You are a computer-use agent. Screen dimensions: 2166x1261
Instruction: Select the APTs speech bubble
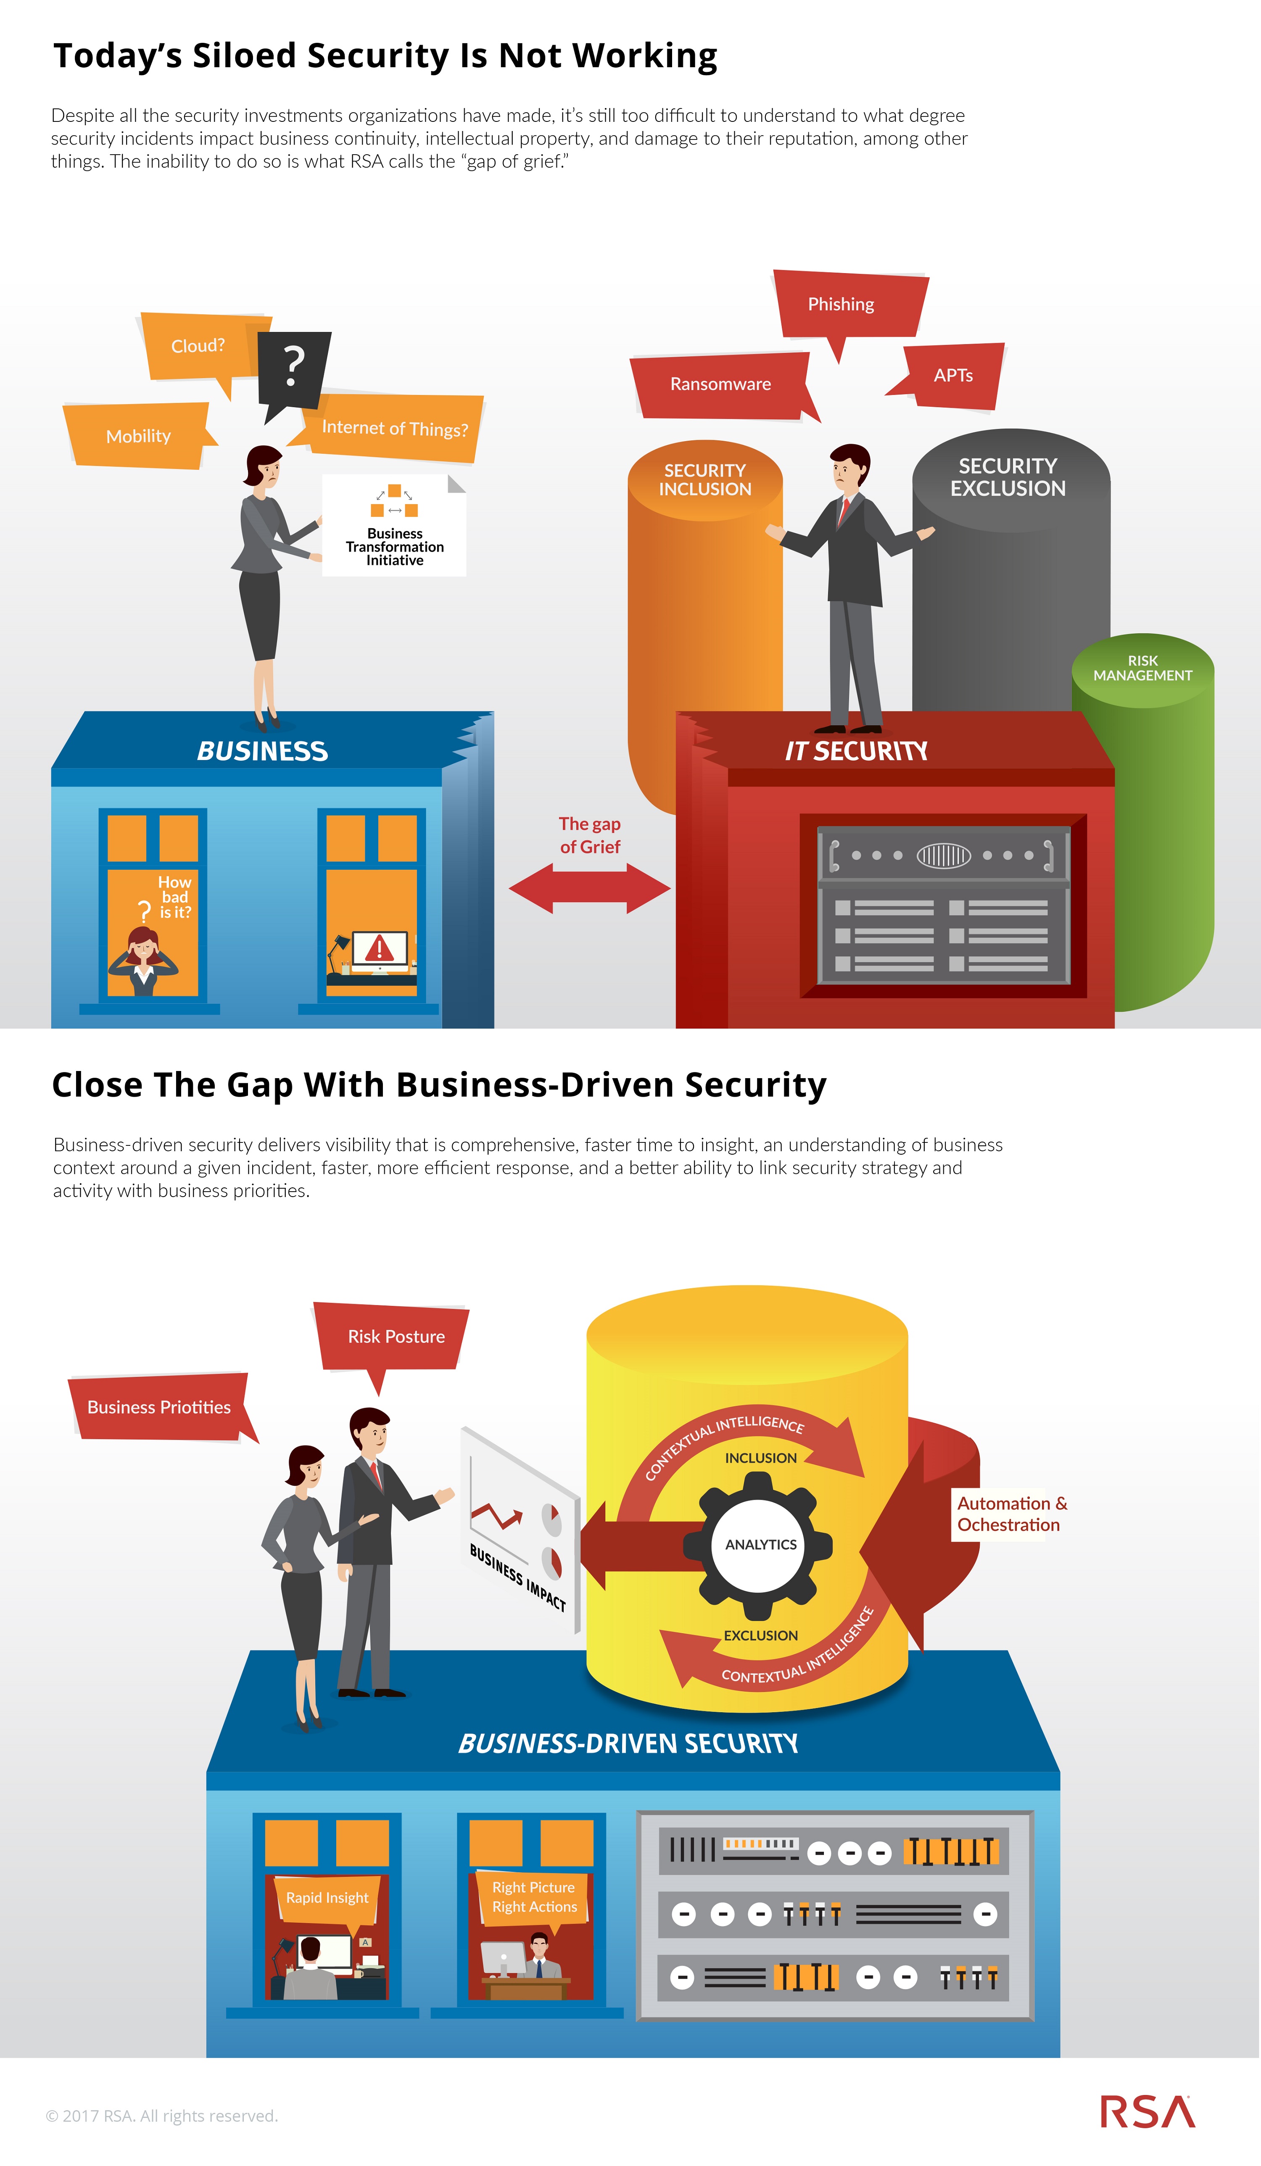point(952,376)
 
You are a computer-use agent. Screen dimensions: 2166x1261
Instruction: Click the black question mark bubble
point(293,368)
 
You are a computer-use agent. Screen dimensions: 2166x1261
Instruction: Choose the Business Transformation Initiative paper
point(395,526)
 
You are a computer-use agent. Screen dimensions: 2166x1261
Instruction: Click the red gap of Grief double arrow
point(590,888)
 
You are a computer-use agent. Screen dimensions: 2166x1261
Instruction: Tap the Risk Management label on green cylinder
point(1142,668)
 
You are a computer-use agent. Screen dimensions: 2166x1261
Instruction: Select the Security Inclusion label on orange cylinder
point(705,479)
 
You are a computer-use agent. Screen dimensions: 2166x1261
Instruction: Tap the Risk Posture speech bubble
point(396,1337)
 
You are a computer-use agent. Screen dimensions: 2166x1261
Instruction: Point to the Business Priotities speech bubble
point(159,1407)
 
